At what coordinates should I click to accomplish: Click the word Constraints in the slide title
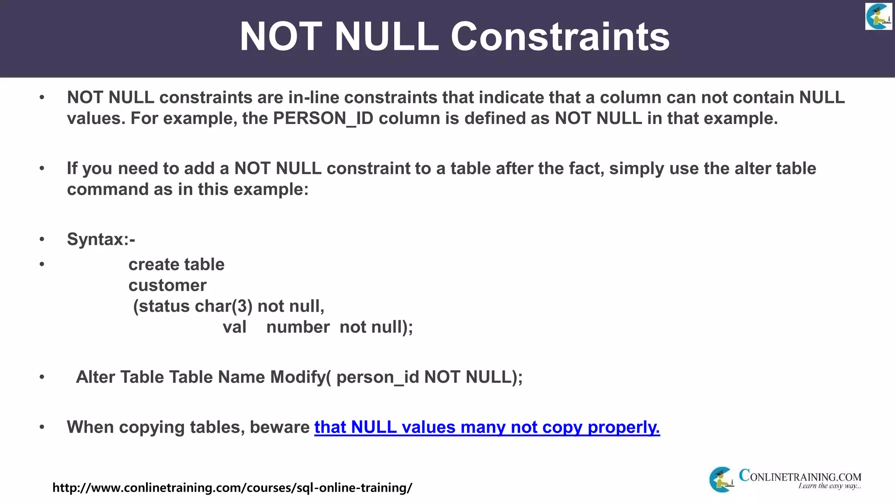point(560,37)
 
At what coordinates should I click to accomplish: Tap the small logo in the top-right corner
point(878,16)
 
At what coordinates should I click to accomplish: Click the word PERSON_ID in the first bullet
point(323,118)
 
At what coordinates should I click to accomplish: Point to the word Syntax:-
point(101,239)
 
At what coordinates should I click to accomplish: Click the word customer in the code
point(167,286)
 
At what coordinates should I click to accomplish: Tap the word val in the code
point(234,327)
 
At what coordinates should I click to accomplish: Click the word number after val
point(298,327)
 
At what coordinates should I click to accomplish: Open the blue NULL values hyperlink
point(487,427)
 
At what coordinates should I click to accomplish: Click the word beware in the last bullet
point(280,427)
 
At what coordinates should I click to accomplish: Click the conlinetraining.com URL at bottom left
point(232,487)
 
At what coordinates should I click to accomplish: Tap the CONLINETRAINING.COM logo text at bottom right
point(800,476)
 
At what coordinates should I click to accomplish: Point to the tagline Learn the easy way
point(829,486)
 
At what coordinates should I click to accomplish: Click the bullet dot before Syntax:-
point(42,239)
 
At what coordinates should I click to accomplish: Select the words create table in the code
point(176,265)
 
